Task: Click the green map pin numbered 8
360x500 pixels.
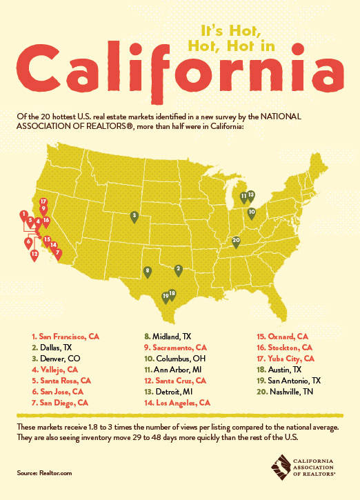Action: (x=148, y=272)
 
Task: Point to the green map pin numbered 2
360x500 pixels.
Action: (x=178, y=269)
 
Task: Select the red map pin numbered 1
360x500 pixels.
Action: (x=24, y=215)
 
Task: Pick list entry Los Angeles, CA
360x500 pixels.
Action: (x=181, y=401)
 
